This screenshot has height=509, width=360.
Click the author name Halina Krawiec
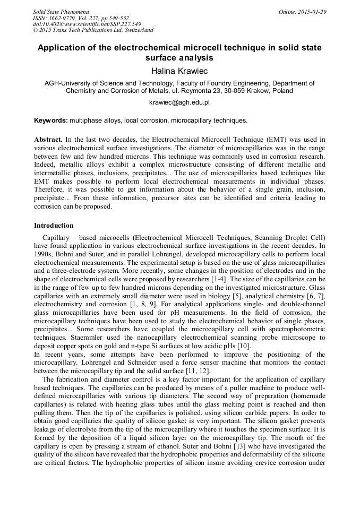coord(179,71)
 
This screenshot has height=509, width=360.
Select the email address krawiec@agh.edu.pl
coord(179,102)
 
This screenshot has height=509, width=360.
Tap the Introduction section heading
coord(54,226)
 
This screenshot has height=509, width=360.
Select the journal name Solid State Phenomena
coord(61,12)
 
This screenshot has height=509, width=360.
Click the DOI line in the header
coord(87,24)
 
